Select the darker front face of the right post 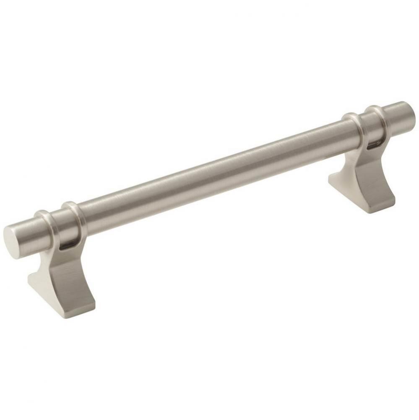[x=375, y=185]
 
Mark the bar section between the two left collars [x=59, y=223]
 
